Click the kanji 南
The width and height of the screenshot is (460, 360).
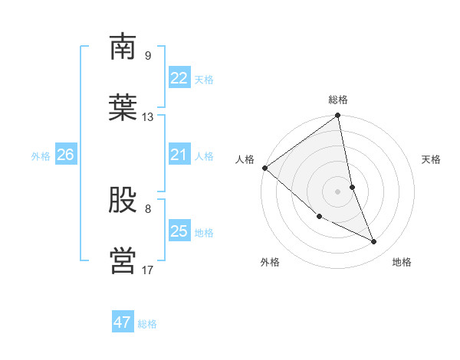pyautogui.click(x=123, y=47)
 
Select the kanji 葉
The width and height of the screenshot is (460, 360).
pyautogui.click(x=123, y=106)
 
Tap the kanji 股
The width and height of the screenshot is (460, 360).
pyautogui.click(x=123, y=200)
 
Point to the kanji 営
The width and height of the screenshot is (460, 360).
pyautogui.click(x=123, y=260)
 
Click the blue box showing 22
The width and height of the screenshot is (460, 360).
pyautogui.click(x=179, y=78)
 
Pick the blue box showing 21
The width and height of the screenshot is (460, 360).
pyautogui.click(x=179, y=155)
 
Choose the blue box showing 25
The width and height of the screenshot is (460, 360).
pyautogui.click(x=179, y=231)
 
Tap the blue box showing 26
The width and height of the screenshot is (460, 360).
pyautogui.click(x=65, y=155)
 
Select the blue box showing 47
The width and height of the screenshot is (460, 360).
pyautogui.click(x=123, y=322)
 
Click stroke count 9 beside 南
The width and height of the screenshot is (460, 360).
pyautogui.click(x=147, y=56)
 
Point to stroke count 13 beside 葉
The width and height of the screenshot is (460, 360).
pyautogui.click(x=148, y=117)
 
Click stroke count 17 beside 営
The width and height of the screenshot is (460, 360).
pyautogui.click(x=148, y=270)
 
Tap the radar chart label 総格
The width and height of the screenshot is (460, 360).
pyautogui.click(x=338, y=100)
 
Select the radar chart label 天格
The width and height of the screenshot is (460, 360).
pyautogui.click(x=431, y=159)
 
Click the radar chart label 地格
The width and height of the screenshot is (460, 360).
pyautogui.click(x=402, y=262)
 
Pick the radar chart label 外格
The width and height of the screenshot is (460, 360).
pyautogui.click(x=270, y=262)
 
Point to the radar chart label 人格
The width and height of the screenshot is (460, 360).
pyautogui.click(x=245, y=159)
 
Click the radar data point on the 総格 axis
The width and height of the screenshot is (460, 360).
pyautogui.click(x=338, y=116)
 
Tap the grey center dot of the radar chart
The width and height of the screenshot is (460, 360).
pyautogui.click(x=338, y=191)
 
